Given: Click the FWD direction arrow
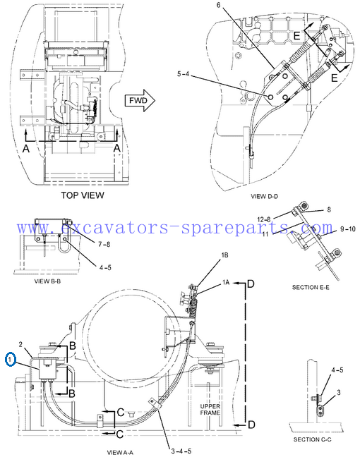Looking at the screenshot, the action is pos(140,101).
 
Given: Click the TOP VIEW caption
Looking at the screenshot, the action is pos(83,195).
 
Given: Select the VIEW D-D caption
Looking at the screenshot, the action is pos(264,196).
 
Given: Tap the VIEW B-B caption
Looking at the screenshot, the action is pos(47,281).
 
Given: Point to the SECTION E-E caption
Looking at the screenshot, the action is pos(311,287).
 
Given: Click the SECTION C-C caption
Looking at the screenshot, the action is pos(312,439).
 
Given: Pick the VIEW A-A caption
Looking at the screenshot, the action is pos(120,453).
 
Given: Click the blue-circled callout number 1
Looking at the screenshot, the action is pos(11,360).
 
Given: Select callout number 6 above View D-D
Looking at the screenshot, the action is pos(219,5).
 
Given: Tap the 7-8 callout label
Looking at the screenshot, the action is pos(104,244).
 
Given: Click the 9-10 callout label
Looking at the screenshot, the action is pos(348,229).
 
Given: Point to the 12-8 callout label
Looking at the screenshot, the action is pos(264,219).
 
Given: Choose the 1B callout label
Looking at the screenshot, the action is pos(224,255).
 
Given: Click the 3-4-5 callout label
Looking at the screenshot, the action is pos(181,451).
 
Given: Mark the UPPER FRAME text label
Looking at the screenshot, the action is pos(210,410).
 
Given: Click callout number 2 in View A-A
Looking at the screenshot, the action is pos(20,344).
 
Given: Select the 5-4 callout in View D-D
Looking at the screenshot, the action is pos(183,74).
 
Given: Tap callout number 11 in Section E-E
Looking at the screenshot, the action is pos(265,233).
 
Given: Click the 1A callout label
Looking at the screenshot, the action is pos(226,282).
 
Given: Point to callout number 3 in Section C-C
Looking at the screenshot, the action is pos(339,393).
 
